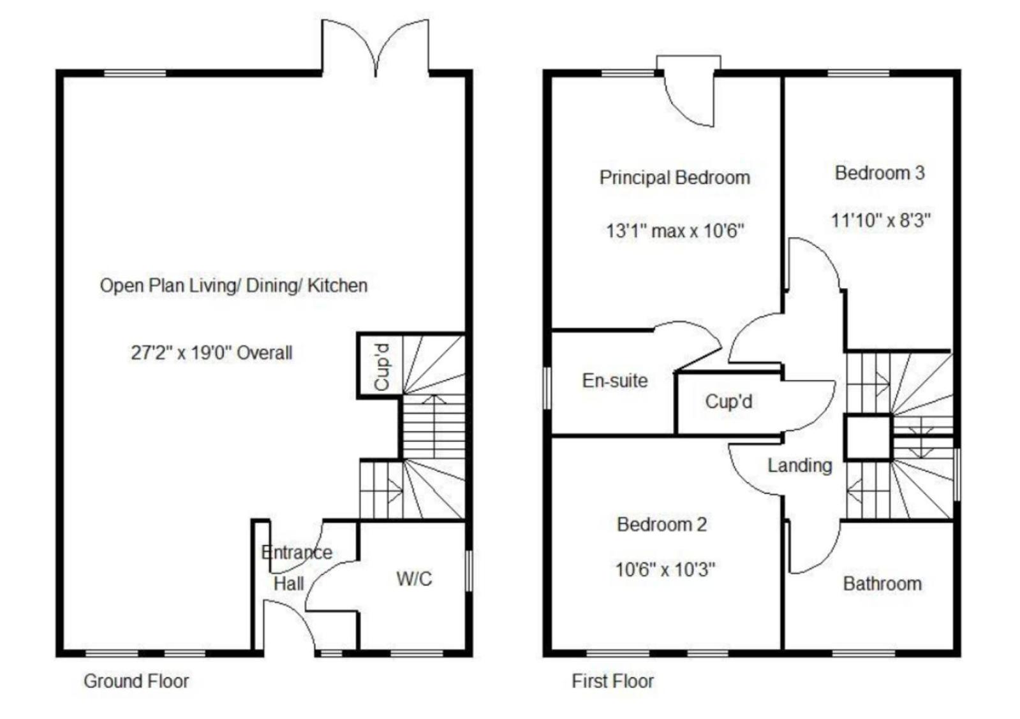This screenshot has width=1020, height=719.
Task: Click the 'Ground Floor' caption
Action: pos(136,681)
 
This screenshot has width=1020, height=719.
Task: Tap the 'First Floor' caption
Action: pos(612,681)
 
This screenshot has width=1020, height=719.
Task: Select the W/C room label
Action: pos(414,579)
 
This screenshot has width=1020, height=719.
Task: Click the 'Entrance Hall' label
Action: pos(297,568)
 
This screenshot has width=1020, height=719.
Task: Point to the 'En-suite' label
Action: pos(615,381)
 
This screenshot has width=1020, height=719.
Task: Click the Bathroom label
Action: pos(882,583)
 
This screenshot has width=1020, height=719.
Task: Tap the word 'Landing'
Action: pos(800,465)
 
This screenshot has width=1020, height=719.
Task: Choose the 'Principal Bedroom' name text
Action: pos(675,177)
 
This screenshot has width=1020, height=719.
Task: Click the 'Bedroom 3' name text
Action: pos(880,173)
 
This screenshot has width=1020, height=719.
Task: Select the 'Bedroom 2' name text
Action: pos(662,525)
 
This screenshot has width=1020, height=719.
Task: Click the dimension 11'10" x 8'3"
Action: pos(881,221)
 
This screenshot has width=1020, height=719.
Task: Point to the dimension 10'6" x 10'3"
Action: pos(665,569)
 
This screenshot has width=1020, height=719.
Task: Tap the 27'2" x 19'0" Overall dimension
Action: pos(211,352)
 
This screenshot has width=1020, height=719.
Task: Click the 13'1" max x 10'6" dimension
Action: pos(675,231)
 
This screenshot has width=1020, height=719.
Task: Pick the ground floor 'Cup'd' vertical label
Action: pos(381,367)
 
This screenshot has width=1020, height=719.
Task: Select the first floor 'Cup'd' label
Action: pos(728,402)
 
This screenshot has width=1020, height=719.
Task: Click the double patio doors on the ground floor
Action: pos(375,48)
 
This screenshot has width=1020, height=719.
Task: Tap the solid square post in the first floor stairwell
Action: pos(868,437)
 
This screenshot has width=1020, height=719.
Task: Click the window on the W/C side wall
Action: pos(469,570)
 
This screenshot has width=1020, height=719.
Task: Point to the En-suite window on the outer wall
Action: pos(547,388)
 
